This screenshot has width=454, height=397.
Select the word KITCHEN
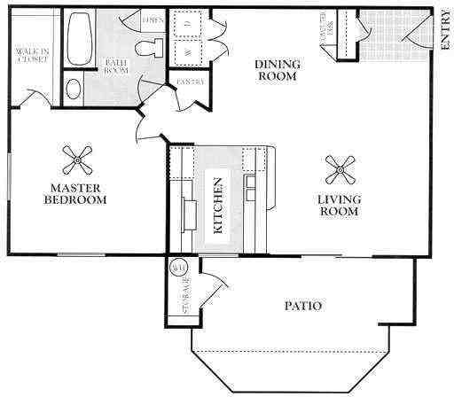click(x=217, y=206)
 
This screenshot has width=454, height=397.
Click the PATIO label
click(x=302, y=307)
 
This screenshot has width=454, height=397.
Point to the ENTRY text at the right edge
click(x=443, y=40)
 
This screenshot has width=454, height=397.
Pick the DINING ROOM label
click(x=278, y=69)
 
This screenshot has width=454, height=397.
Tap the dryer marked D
click(x=188, y=24)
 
